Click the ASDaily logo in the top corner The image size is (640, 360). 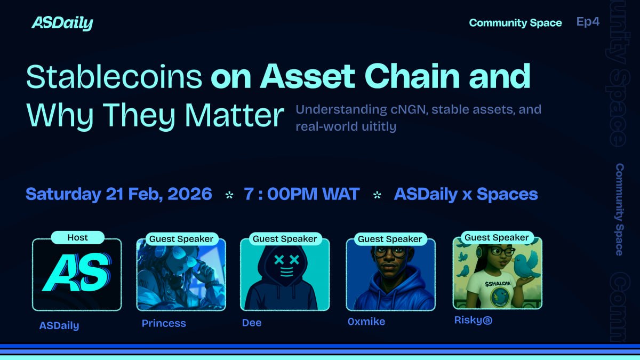tap(62, 23)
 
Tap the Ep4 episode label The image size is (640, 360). tap(588, 22)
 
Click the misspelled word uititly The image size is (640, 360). tap(377, 127)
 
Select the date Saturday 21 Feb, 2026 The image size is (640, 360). tap(118, 194)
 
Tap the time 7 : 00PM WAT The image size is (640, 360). tap(302, 194)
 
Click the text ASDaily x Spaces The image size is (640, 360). tap(466, 194)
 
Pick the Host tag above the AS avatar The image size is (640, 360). tap(77, 237)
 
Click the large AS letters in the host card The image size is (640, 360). tap(76, 275)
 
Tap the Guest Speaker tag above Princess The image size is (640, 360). tap(181, 239)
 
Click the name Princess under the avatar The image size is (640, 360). tap(164, 323)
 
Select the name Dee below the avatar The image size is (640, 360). tap(252, 323)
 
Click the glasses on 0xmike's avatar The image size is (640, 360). tap(391, 253)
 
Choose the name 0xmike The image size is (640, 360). tap(366, 322)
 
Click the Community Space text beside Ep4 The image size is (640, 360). tap(515, 23)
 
